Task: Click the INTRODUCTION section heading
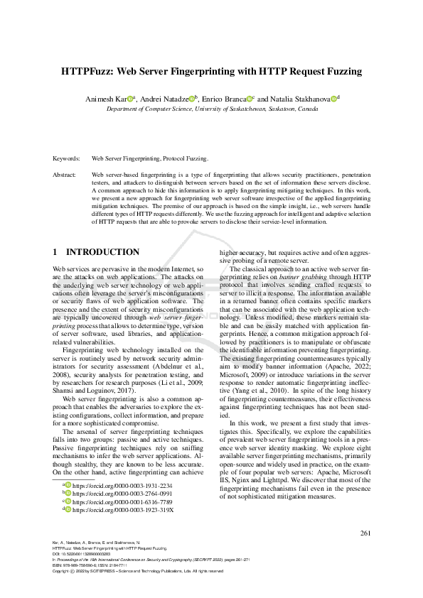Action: [x=102, y=252]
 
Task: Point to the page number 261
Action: [x=365, y=533]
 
